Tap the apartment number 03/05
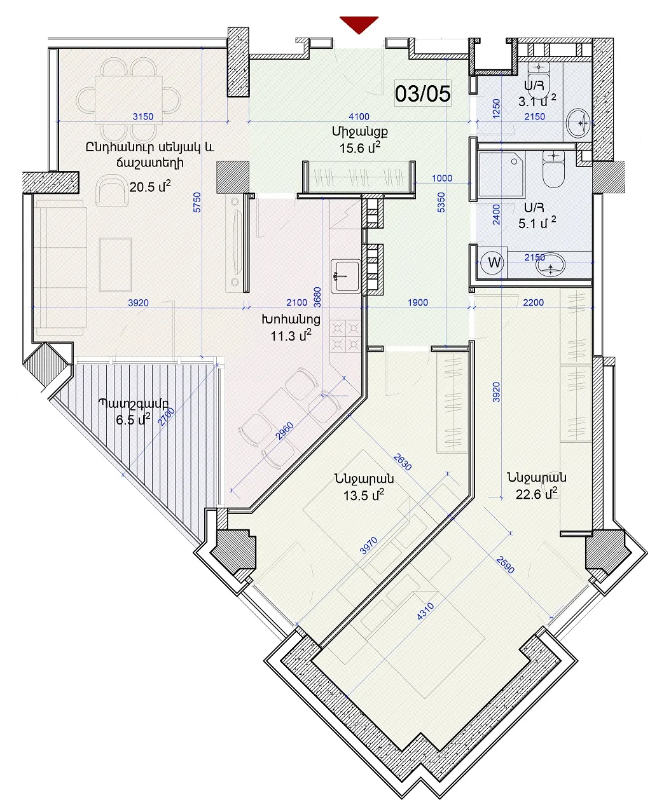point(423,93)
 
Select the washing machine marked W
point(494,262)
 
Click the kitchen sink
point(346,276)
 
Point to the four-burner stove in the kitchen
point(345,336)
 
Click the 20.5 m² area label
point(149,187)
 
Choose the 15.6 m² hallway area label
point(360,147)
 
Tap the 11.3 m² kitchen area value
point(291,336)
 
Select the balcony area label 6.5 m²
point(133,419)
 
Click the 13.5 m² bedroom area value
point(364,496)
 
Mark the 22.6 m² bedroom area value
point(536,494)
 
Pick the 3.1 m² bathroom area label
point(537,101)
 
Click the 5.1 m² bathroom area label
point(537,223)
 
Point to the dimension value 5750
point(197,203)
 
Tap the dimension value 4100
point(359,116)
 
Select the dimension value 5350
point(441,203)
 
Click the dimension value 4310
point(425,611)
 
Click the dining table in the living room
point(128,100)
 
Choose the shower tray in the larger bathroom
point(501,175)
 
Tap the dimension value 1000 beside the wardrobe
point(442,178)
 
